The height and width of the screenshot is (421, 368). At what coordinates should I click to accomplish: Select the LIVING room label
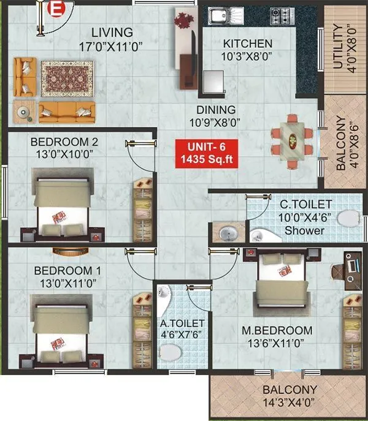click(x=111, y=32)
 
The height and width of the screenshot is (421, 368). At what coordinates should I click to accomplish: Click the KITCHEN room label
click(x=247, y=44)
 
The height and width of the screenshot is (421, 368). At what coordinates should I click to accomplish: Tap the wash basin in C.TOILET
click(x=226, y=233)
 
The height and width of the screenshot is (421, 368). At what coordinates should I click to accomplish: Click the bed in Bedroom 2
click(x=59, y=205)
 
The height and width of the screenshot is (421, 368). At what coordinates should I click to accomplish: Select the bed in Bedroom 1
click(x=59, y=334)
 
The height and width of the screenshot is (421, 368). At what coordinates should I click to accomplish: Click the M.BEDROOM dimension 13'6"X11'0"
click(x=277, y=344)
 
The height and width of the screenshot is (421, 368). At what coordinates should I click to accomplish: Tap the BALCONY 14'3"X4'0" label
click(x=289, y=396)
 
